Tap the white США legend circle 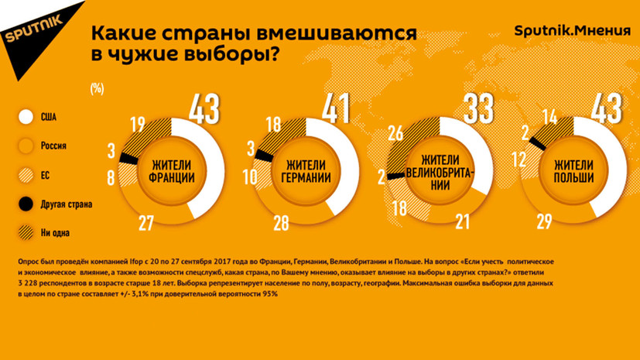pos(26,117)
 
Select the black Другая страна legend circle pos(26,204)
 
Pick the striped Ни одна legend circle pos(26,232)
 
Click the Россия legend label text pos(53,146)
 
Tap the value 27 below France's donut pos(146,224)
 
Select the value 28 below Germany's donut pos(281,224)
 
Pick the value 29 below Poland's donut pos(544,224)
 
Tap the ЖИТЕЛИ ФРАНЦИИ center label pos(172,170)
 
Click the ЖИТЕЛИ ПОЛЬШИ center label pos(573,170)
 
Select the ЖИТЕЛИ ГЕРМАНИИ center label pos(306,170)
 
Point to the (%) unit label pos(97,87)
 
